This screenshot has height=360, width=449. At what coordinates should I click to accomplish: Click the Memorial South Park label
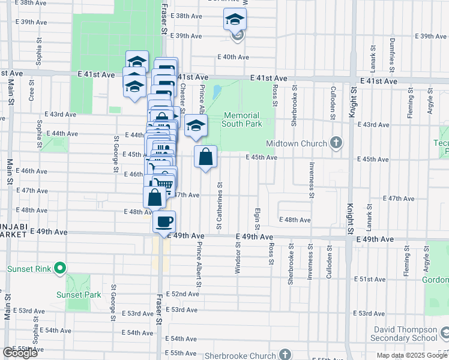(241, 119)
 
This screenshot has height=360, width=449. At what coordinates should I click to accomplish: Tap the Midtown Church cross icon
(336, 143)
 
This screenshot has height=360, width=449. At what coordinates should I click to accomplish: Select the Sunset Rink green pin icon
(59, 269)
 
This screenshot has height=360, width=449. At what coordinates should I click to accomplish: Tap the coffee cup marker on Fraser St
(164, 223)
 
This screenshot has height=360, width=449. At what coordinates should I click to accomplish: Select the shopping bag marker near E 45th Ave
(205, 157)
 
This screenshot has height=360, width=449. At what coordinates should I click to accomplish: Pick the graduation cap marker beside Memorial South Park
(196, 126)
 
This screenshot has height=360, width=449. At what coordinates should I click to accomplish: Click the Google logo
(20, 353)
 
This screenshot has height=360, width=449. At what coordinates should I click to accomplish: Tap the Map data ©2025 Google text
(412, 355)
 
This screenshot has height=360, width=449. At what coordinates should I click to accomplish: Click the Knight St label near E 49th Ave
(351, 219)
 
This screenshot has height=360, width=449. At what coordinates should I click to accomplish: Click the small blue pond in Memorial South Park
(215, 92)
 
